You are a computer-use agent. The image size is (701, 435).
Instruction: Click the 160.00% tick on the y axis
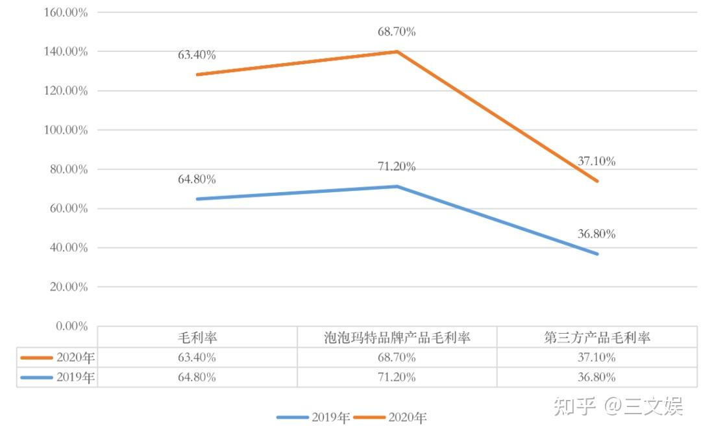(65, 12)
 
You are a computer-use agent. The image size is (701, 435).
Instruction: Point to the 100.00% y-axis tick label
(65, 130)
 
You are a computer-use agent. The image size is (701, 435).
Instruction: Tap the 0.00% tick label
(71, 326)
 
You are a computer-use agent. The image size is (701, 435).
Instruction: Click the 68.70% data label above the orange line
(397, 31)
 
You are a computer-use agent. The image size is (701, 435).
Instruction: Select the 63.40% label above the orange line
(197, 55)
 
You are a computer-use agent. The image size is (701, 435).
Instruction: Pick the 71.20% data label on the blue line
(397, 167)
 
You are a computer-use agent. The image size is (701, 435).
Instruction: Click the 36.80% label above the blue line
(596, 234)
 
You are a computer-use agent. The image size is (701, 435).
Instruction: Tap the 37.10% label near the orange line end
(596, 161)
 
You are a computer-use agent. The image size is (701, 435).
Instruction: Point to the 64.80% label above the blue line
(197, 179)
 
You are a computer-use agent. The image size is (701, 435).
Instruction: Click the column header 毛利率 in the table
(197, 338)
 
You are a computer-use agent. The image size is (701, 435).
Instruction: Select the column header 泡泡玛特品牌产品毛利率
(397, 338)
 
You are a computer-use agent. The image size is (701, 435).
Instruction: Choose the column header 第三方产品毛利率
(596, 338)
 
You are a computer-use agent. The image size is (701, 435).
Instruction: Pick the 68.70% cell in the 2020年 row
(397, 357)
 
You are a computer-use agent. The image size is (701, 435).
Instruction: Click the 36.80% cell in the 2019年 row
(596, 377)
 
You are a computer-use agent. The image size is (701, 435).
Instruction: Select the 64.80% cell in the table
(197, 377)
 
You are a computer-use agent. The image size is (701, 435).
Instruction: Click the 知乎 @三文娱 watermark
(617, 406)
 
